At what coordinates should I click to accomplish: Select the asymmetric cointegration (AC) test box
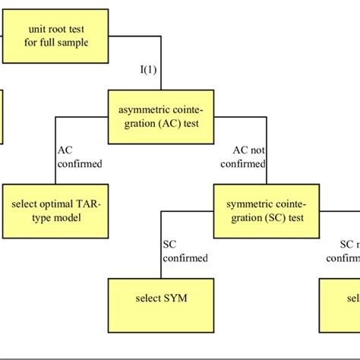pyautogui.click(x=160, y=118)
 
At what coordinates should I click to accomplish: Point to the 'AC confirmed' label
pyautogui.click(x=79, y=156)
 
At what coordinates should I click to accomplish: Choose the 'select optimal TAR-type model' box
pyautogui.click(x=55, y=211)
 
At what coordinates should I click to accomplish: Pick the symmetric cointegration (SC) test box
pyautogui.click(x=267, y=211)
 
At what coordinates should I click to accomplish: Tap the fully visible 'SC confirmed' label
pyautogui.click(x=185, y=251)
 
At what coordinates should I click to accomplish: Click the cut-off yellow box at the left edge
pyautogui.click(x=2, y=118)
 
